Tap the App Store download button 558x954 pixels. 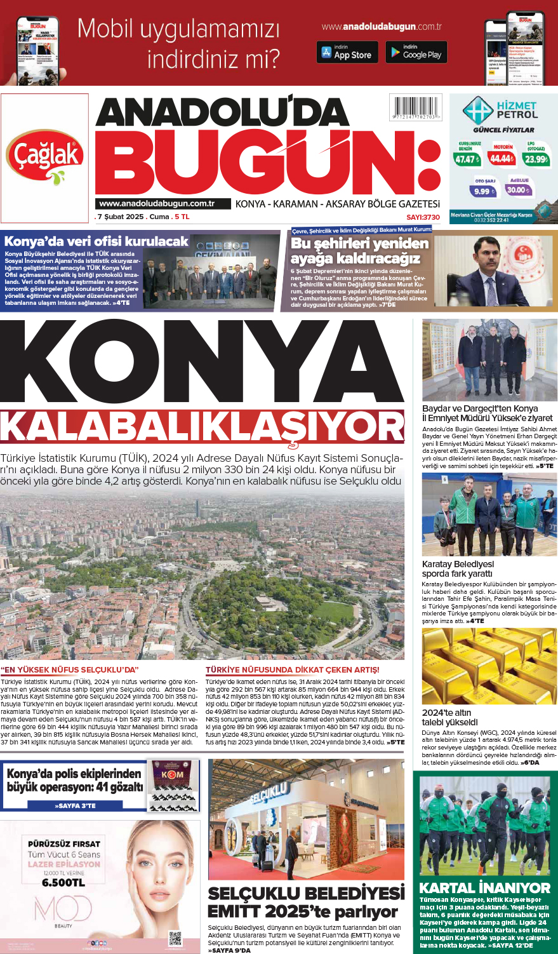[x=347, y=52]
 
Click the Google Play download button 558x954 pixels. [x=416, y=52]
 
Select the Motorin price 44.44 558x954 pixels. [x=502, y=158]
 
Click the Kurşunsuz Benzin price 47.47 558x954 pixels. [x=467, y=159]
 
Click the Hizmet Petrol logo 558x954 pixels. [x=500, y=111]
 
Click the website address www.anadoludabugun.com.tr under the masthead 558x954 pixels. [x=156, y=204]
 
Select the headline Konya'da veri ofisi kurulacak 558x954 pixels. [x=96, y=241]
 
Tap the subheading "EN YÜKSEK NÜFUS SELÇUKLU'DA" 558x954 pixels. [x=69, y=669]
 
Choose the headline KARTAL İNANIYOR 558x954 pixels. [x=485, y=887]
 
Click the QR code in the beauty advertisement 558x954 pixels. [x=175, y=937]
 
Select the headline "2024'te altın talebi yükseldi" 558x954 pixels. [x=449, y=717]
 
